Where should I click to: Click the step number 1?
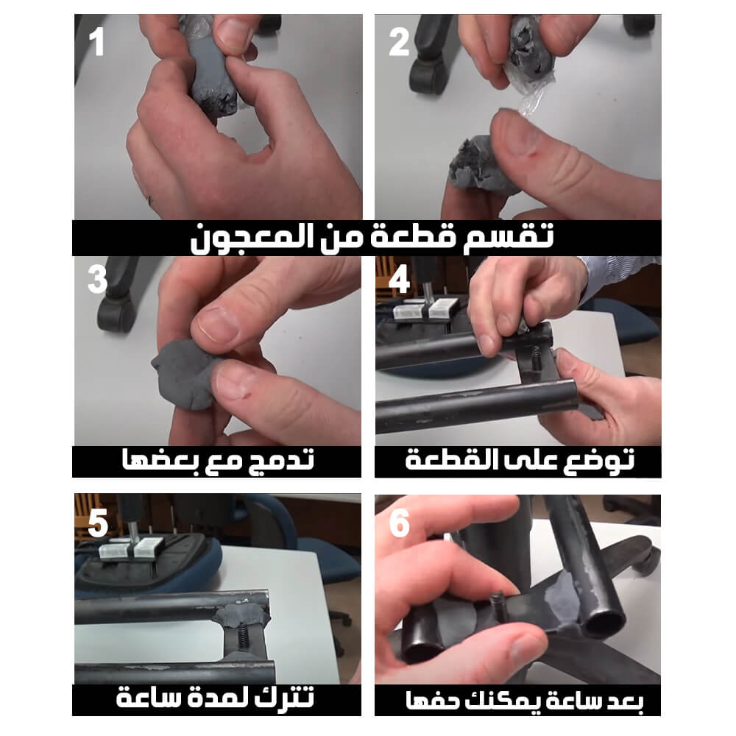pyautogui.click(x=96, y=42)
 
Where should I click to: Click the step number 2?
pyautogui.click(x=399, y=42)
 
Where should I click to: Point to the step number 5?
pyautogui.click(x=98, y=523)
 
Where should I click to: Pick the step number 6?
pyautogui.click(x=399, y=523)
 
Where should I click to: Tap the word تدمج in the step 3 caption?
pyautogui.click(x=284, y=460)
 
